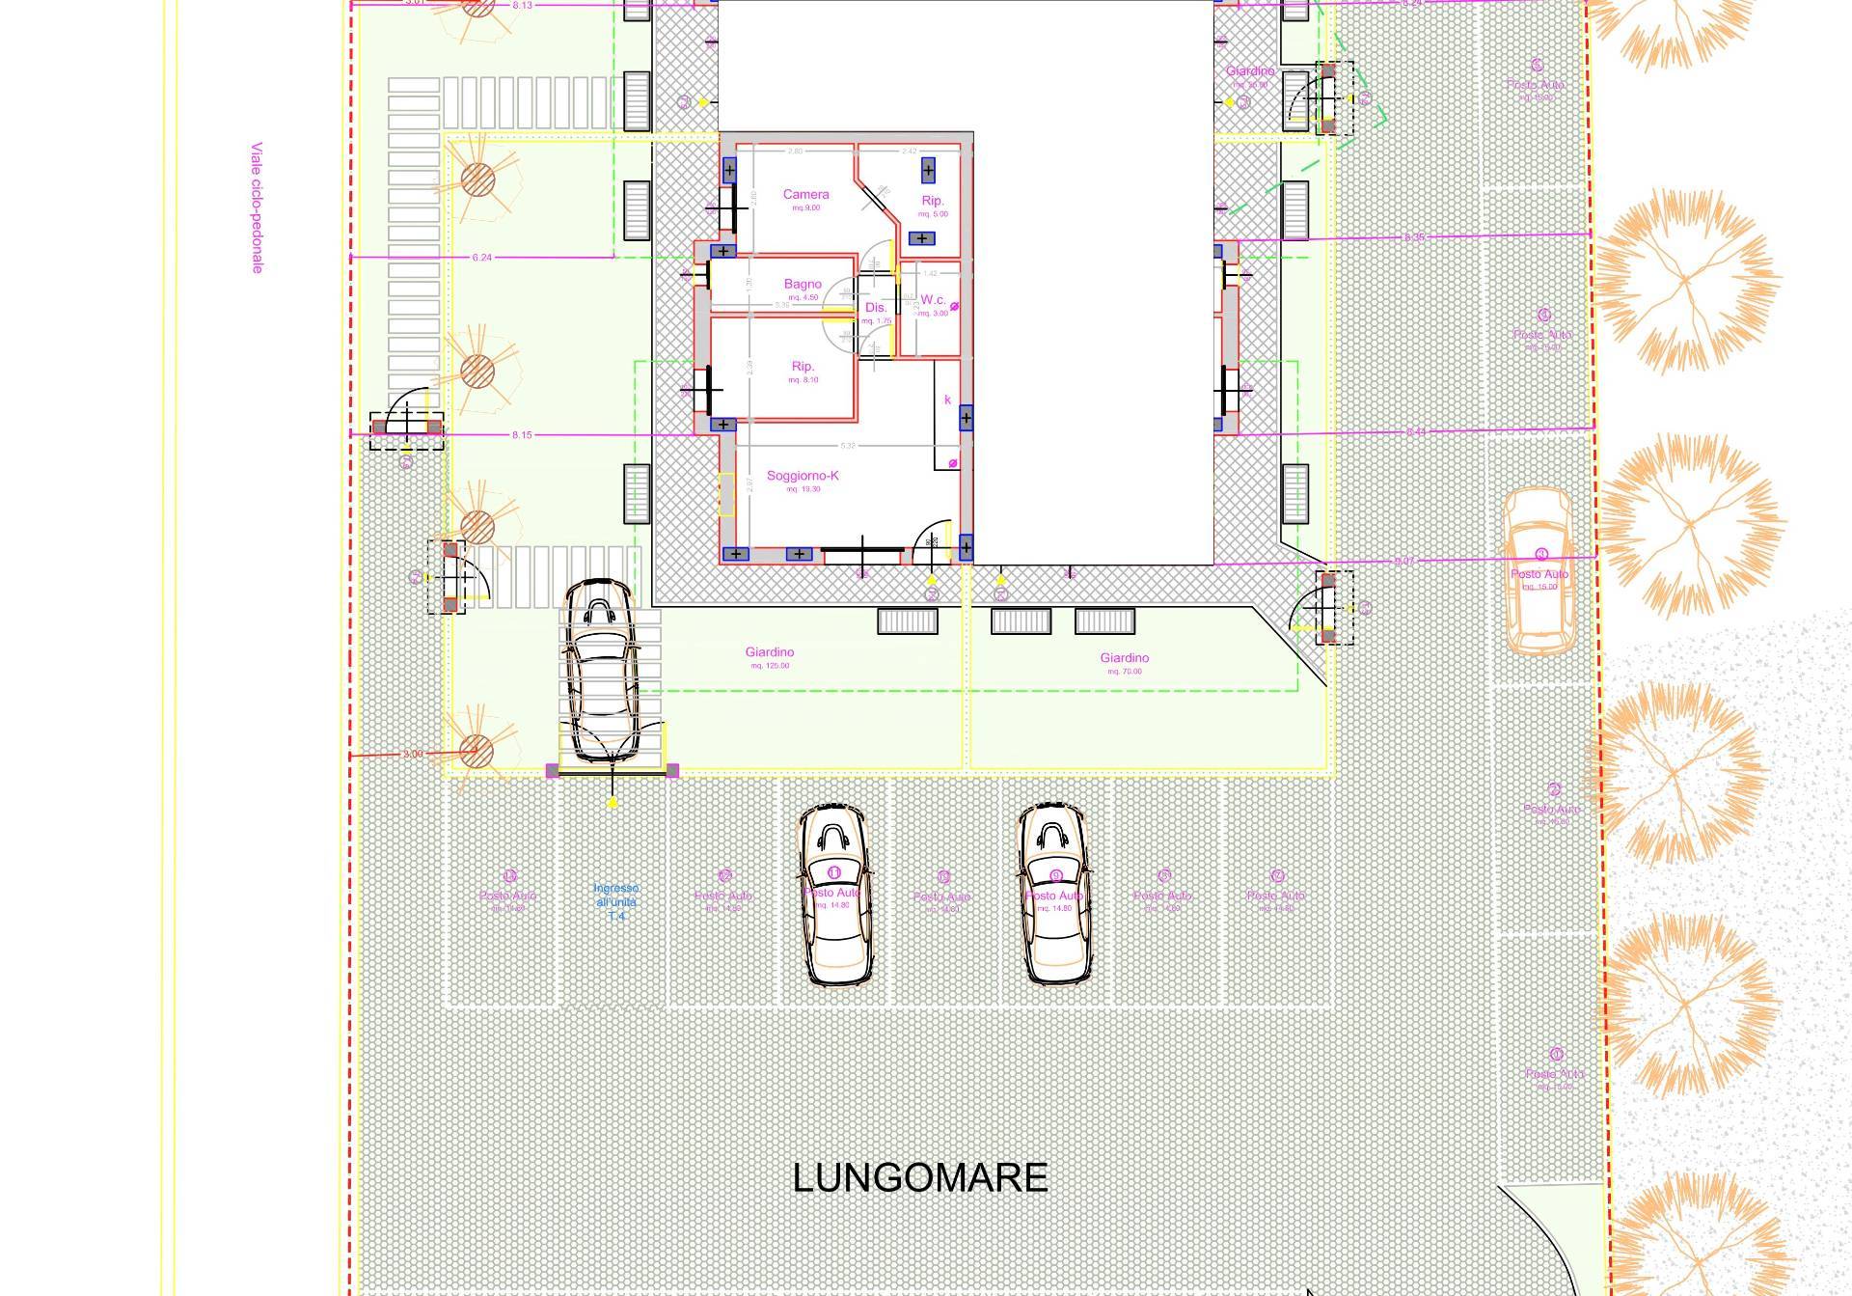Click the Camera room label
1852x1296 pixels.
click(x=805, y=195)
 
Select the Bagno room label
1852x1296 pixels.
click(x=803, y=285)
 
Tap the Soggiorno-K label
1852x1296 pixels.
click(x=803, y=476)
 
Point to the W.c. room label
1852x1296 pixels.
click(x=933, y=300)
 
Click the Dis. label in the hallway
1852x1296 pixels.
click(x=876, y=308)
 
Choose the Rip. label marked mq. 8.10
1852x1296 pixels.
click(x=803, y=367)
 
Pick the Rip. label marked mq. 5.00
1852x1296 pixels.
click(x=933, y=201)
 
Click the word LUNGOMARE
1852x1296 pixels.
click(x=920, y=1178)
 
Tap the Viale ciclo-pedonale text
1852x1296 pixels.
click(x=257, y=207)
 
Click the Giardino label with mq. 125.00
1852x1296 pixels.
click(x=770, y=652)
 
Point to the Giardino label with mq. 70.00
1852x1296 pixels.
click(x=1125, y=658)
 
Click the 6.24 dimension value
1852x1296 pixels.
click(x=482, y=258)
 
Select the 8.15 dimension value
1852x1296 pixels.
click(x=522, y=435)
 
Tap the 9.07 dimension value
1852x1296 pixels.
click(x=1404, y=562)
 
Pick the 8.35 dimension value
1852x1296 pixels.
click(x=1414, y=237)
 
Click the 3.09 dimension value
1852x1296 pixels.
click(x=413, y=754)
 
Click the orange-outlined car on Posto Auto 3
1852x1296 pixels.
click(x=1539, y=571)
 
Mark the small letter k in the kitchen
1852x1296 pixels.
click(x=947, y=400)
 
